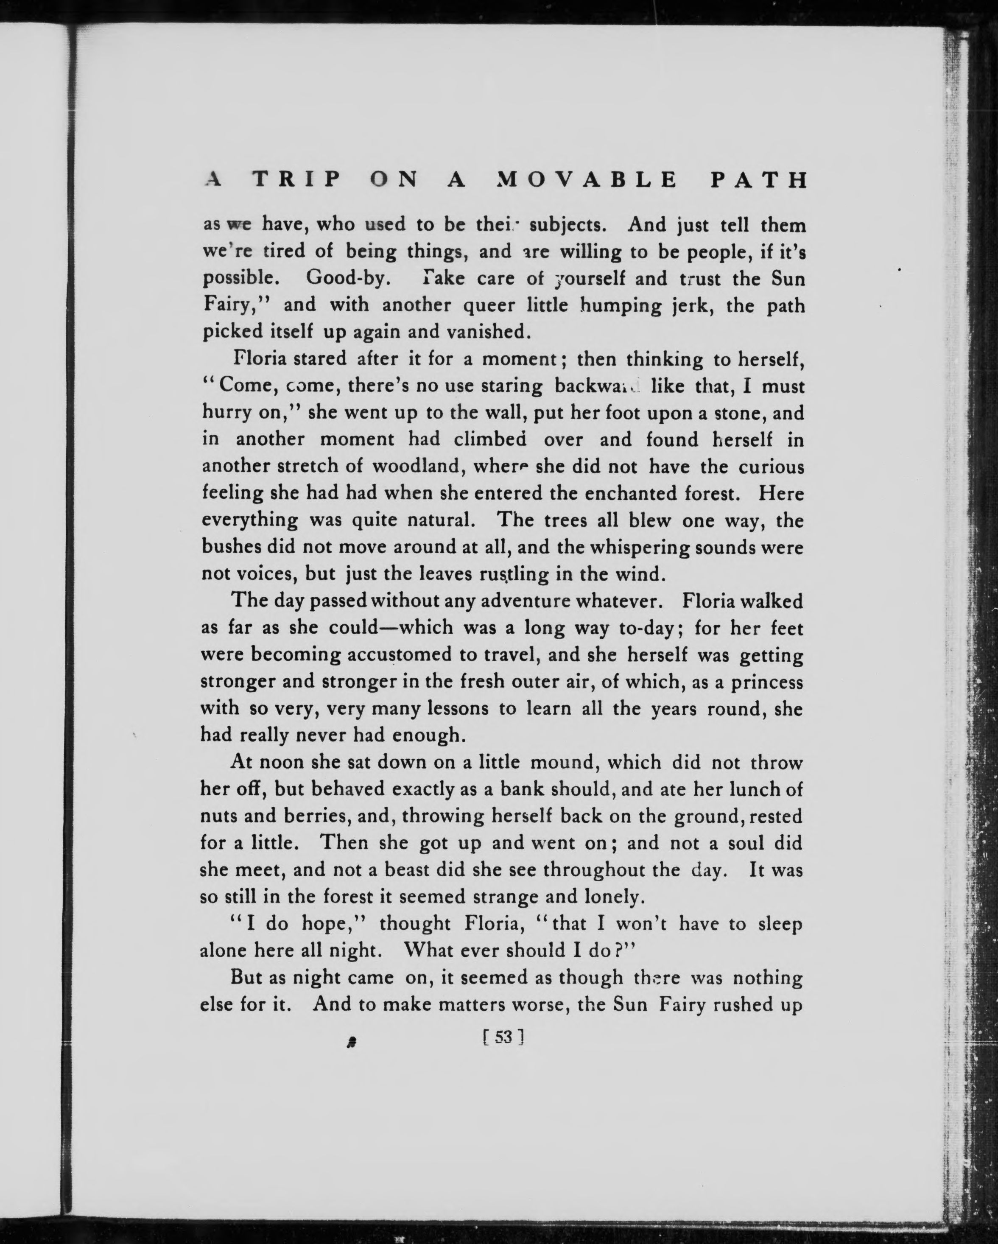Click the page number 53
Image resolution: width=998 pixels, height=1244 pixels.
(503, 1054)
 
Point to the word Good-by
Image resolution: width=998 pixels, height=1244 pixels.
(349, 278)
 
